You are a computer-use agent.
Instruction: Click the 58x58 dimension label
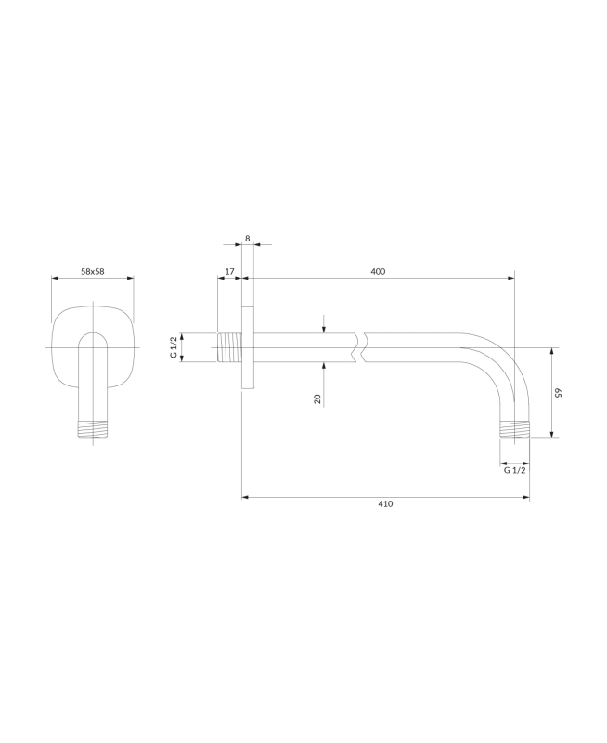[x=93, y=271]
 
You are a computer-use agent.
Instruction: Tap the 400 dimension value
[x=378, y=271]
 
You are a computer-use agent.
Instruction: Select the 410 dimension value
[x=386, y=503]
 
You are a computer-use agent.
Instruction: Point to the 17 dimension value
[x=229, y=271]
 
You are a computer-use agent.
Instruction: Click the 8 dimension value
[x=248, y=239]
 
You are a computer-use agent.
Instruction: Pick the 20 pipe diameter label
[x=317, y=398]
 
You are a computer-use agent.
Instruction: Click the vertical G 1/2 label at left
[x=173, y=347]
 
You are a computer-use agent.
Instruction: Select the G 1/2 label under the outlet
[x=515, y=471]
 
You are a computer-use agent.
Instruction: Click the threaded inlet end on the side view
[x=228, y=347]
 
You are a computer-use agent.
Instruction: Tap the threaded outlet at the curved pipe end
[x=515, y=429]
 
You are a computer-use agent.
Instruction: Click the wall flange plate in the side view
[x=248, y=347]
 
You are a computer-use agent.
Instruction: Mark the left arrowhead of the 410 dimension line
[x=245, y=497]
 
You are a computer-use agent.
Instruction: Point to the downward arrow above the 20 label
[x=323, y=328]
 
